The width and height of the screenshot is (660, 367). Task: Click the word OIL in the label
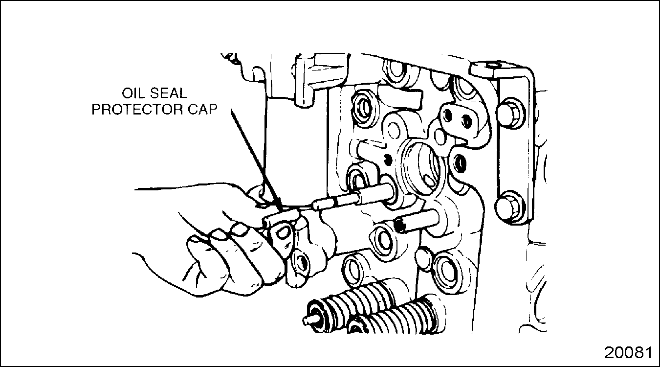(133, 93)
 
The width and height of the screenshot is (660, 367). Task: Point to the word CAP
(202, 110)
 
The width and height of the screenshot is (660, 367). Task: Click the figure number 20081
(628, 353)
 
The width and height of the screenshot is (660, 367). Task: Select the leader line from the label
(256, 160)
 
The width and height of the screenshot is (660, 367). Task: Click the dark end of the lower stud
(399, 226)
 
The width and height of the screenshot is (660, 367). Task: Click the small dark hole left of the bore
(389, 160)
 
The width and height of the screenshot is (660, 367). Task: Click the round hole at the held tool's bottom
(301, 261)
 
